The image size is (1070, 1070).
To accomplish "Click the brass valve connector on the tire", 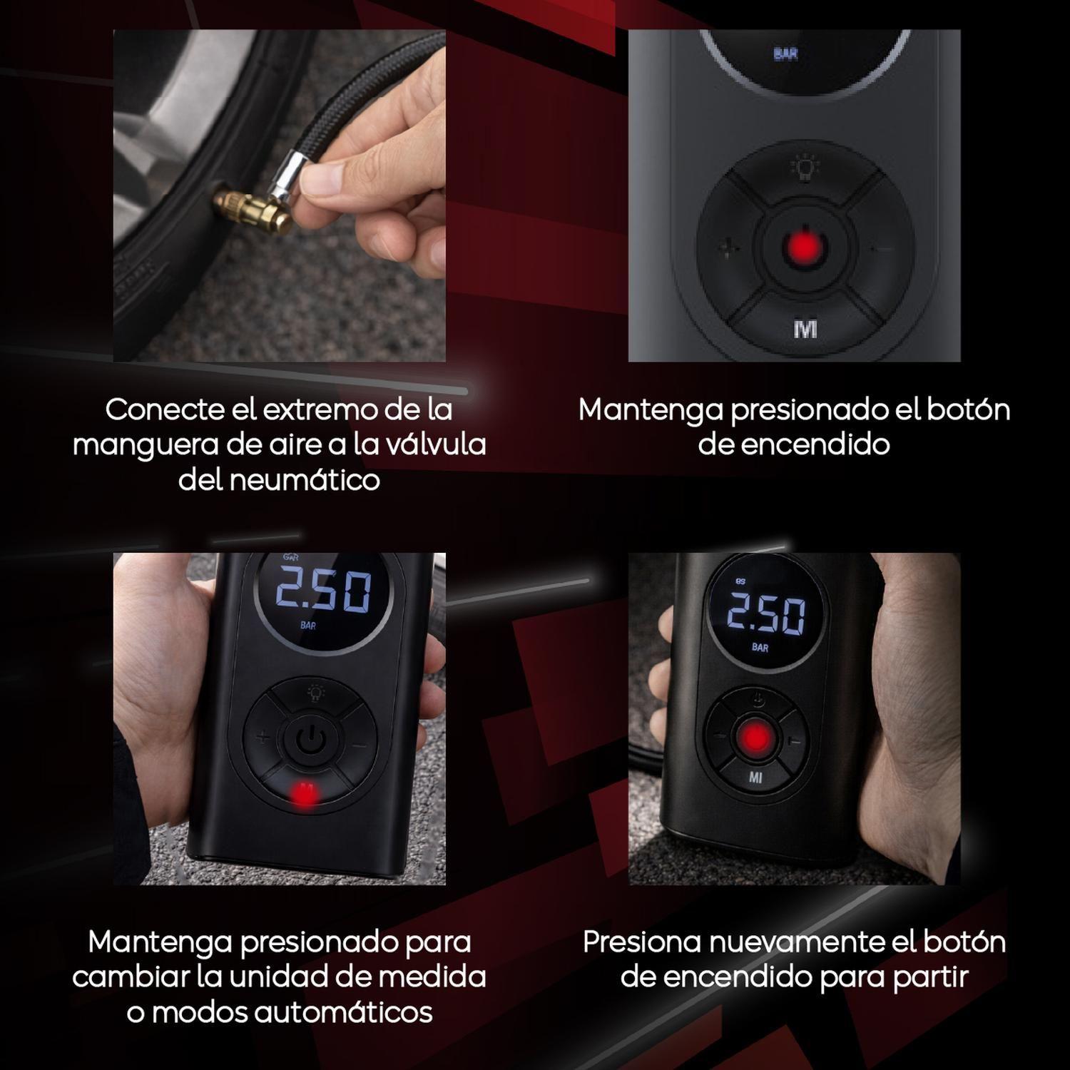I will click(x=246, y=210).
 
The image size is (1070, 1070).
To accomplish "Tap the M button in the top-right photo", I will click(x=805, y=329).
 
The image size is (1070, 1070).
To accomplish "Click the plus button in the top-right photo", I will click(x=725, y=249).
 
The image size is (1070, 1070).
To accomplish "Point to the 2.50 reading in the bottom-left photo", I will click(x=323, y=591).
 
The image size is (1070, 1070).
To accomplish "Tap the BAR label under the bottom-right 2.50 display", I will click(x=760, y=647).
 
